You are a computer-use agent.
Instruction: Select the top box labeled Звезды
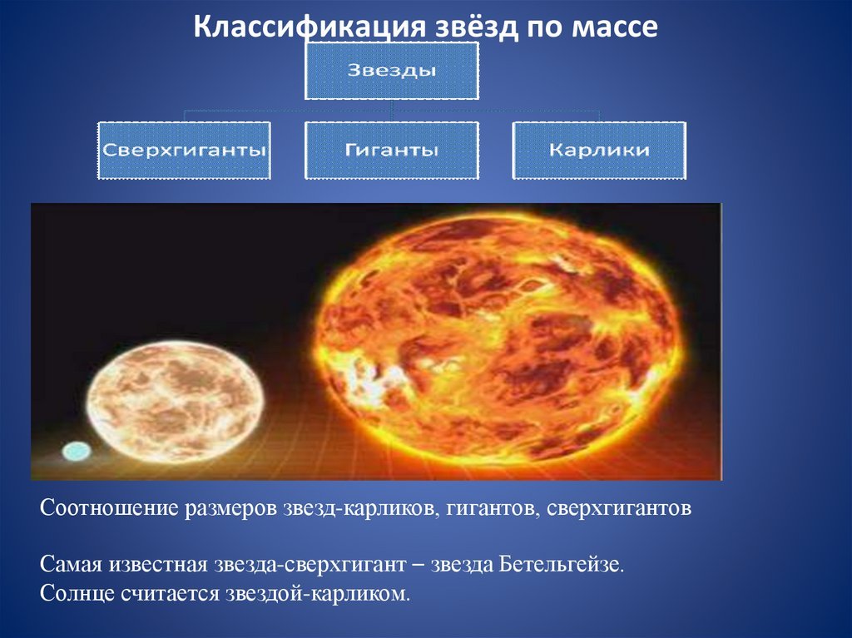pos(392,71)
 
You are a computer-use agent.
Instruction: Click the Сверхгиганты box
pos(184,150)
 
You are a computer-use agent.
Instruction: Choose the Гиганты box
pos(392,150)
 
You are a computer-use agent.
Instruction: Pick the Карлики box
pos(599,150)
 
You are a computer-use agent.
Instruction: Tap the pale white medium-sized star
pos(175,402)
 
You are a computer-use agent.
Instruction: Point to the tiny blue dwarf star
pos(77,451)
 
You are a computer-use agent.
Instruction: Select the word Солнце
pos(77,593)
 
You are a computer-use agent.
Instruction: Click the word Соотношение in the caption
pos(109,508)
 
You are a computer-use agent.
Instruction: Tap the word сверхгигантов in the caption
pos(619,509)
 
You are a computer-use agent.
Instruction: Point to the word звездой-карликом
pos(318,593)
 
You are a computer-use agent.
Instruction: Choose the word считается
pos(170,593)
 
